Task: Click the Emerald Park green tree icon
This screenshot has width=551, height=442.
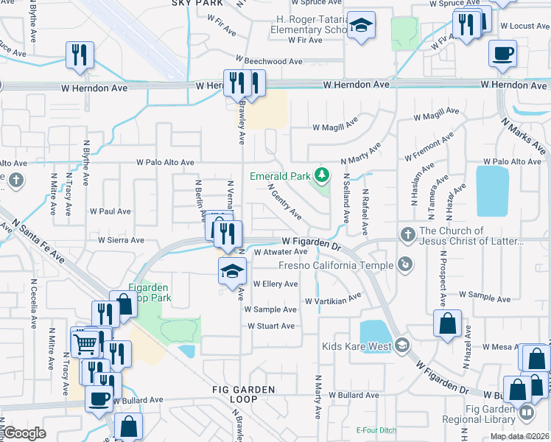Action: click(321, 175)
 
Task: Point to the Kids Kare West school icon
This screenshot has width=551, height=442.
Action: click(402, 345)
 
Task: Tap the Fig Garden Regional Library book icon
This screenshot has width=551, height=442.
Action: click(526, 413)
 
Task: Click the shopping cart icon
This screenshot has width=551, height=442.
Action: click(85, 342)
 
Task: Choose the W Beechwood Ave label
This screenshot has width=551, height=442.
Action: click(269, 61)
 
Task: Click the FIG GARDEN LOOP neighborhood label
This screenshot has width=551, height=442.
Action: click(242, 395)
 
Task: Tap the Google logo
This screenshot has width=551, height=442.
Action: click(25, 433)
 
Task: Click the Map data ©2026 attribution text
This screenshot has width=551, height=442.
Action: click(519, 436)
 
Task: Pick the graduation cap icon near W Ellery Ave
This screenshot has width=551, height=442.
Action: click(232, 270)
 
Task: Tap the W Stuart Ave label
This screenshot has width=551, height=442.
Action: click(271, 326)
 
